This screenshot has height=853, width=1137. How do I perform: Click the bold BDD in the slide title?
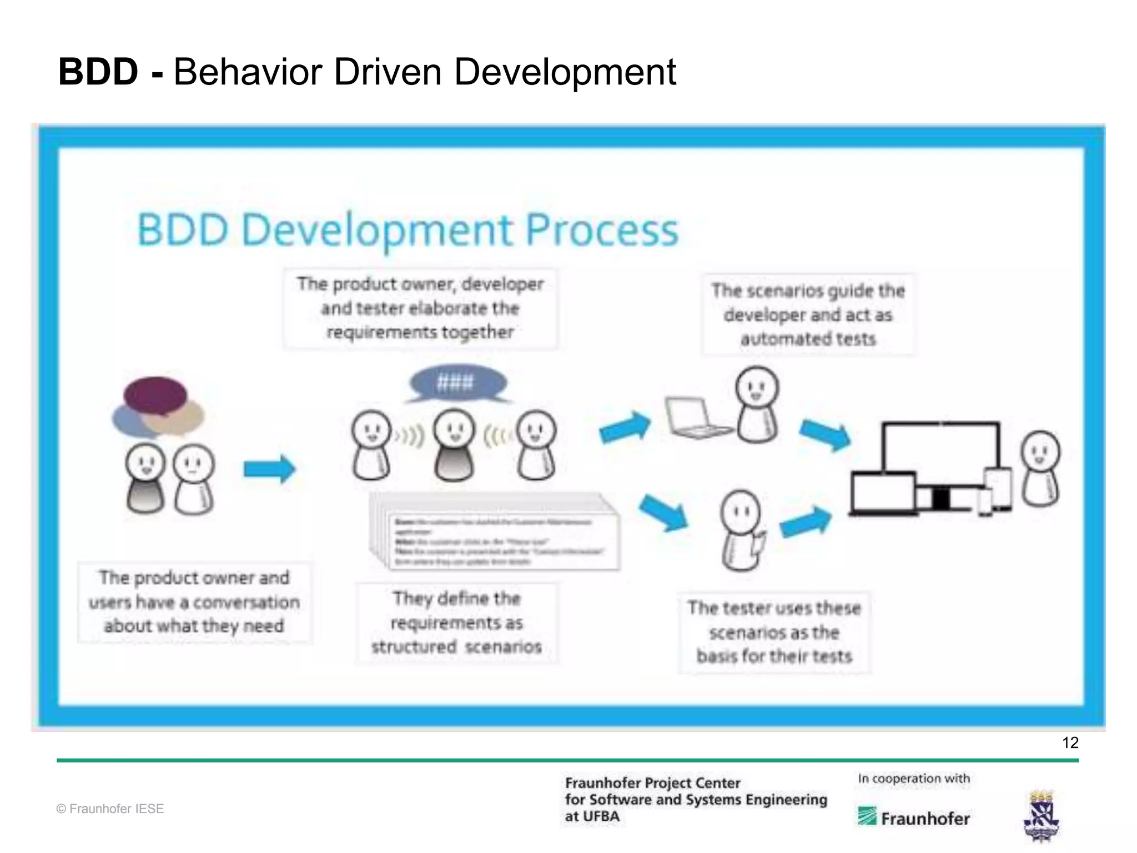pyautogui.click(x=98, y=72)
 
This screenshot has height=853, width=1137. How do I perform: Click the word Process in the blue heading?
pyautogui.click(x=601, y=230)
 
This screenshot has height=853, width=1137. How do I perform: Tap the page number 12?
pyautogui.click(x=1070, y=742)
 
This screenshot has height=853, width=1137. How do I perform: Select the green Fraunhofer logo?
pyautogui.click(x=913, y=817)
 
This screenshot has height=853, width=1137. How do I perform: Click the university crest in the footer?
pyautogui.click(x=1042, y=816)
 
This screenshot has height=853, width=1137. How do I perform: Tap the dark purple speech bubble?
pyautogui.click(x=155, y=395)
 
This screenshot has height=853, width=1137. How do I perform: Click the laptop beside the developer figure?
pyautogui.click(x=695, y=418)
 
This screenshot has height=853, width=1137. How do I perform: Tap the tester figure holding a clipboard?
pyautogui.click(x=742, y=530)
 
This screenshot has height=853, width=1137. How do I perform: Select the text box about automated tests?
pyautogui.click(x=808, y=314)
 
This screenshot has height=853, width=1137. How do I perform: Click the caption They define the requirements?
pyautogui.click(x=456, y=623)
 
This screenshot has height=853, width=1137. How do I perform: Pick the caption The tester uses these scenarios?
pyautogui.click(x=774, y=632)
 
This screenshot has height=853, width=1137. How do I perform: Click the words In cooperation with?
pyautogui.click(x=914, y=779)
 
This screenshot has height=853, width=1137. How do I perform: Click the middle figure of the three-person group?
pyautogui.click(x=455, y=445)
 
